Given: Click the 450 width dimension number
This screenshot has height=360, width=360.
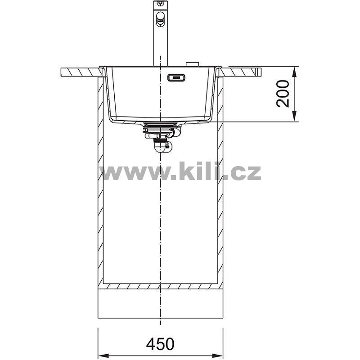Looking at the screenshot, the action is coord(160,344).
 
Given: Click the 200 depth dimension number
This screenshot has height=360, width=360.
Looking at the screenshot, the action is coord(283,94).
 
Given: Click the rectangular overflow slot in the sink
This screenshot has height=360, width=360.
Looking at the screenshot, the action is coord(176,77).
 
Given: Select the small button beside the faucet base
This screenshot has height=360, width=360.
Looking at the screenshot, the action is coord(193,64).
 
